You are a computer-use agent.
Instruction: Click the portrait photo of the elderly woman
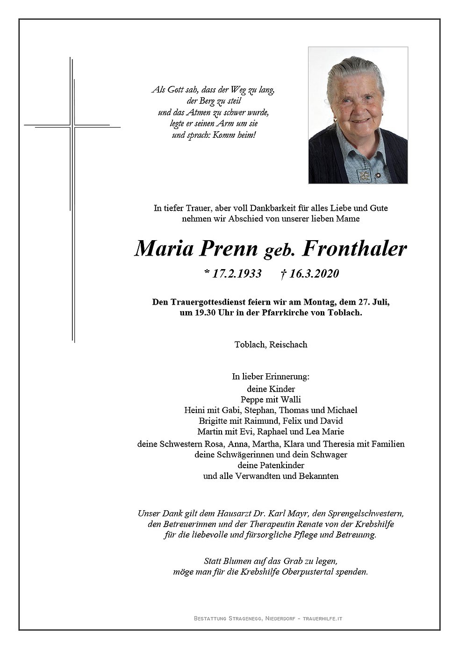coord(358,115)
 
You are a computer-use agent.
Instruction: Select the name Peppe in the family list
coord(251,399)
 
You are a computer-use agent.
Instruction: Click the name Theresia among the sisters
coord(345,444)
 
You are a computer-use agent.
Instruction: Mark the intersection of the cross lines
coord(72,126)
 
